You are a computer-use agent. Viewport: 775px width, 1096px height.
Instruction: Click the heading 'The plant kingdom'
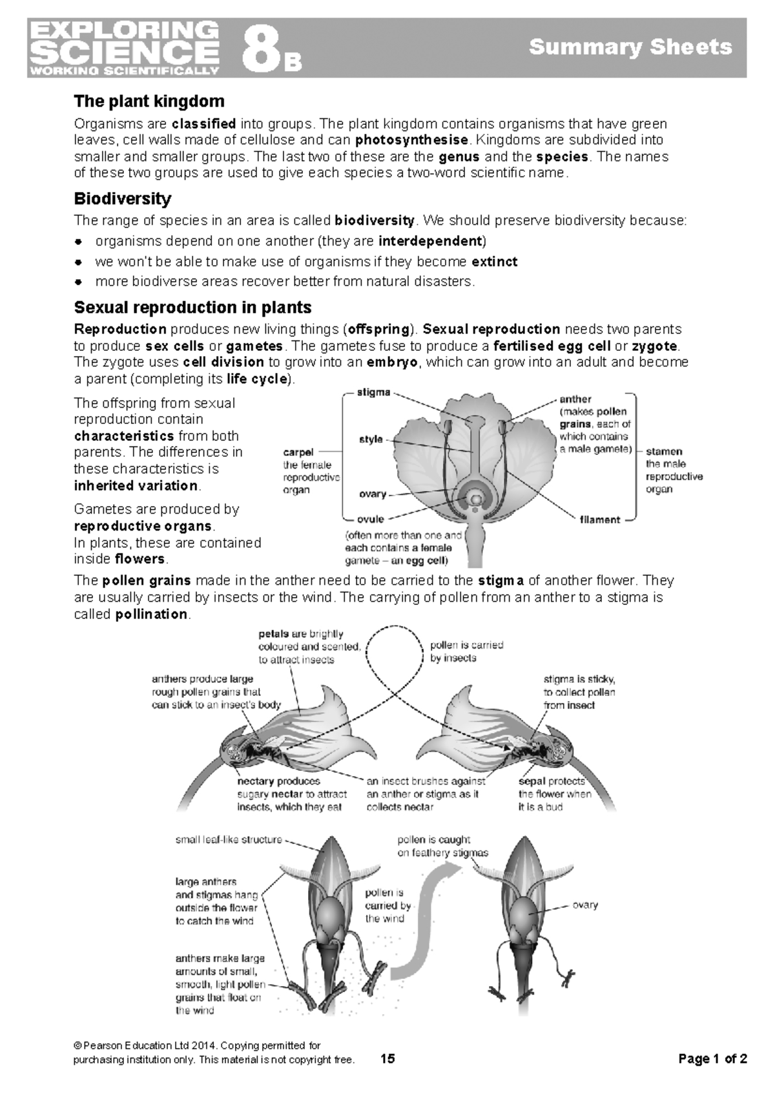click(x=149, y=101)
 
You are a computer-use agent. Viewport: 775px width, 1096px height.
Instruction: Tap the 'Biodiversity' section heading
click(x=122, y=198)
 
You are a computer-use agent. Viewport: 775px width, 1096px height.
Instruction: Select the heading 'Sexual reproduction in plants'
click(x=192, y=307)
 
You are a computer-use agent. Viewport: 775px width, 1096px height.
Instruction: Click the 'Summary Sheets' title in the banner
click(x=630, y=47)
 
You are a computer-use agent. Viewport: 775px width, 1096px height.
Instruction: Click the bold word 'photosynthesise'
click(x=411, y=140)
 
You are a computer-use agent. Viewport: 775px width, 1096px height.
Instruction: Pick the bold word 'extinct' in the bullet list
click(x=495, y=262)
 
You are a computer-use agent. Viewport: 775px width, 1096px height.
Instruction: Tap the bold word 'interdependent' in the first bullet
click(x=430, y=241)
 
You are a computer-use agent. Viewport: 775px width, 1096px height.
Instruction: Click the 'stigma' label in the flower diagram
click(x=373, y=392)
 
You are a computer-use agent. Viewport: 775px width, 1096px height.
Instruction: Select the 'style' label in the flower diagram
click(x=371, y=439)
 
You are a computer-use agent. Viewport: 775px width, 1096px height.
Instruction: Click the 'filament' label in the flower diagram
click(x=600, y=520)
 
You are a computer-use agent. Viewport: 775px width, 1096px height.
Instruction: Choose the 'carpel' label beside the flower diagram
click(x=298, y=452)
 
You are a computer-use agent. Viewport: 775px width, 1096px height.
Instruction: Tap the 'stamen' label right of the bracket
click(x=664, y=451)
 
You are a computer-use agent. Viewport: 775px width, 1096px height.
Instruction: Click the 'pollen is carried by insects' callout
click(x=467, y=651)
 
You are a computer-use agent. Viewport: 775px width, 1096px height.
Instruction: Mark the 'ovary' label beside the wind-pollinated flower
click(x=585, y=905)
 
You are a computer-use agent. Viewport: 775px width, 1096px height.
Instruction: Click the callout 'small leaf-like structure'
click(x=229, y=839)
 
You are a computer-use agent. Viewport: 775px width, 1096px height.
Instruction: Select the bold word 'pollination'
click(x=151, y=614)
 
